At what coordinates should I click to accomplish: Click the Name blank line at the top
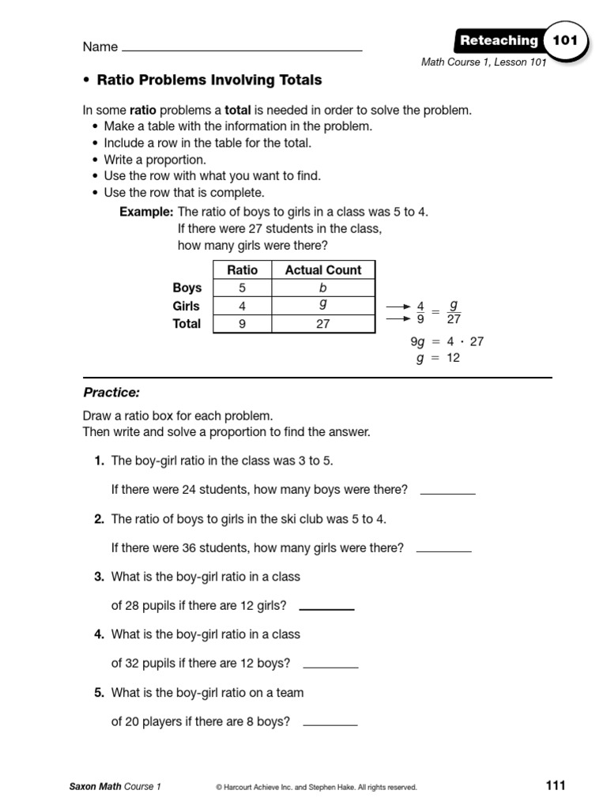pyautogui.click(x=242, y=50)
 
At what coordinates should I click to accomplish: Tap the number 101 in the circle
pyautogui.click(x=565, y=40)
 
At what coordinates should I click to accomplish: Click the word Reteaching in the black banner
pyautogui.click(x=499, y=41)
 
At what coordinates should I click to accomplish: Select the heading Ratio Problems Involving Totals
pyautogui.click(x=209, y=80)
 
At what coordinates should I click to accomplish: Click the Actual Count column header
pyautogui.click(x=322, y=269)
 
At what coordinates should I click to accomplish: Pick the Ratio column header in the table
pyautogui.click(x=242, y=269)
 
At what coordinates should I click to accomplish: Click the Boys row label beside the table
pyautogui.click(x=187, y=288)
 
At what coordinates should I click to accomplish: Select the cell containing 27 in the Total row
pyautogui.click(x=322, y=324)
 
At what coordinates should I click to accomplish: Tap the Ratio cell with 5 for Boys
pyautogui.click(x=242, y=288)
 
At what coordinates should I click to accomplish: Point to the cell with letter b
pyautogui.click(x=322, y=288)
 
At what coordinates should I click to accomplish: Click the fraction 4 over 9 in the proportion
pyautogui.click(x=420, y=312)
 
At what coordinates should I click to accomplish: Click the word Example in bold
pyautogui.click(x=146, y=212)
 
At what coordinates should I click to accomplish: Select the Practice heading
pyautogui.click(x=111, y=393)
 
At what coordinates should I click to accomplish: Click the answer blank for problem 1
pyautogui.click(x=447, y=492)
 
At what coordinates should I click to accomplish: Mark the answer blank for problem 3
pyautogui.click(x=326, y=608)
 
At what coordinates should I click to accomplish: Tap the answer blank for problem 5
pyautogui.click(x=330, y=724)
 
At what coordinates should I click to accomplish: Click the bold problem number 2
pyautogui.click(x=100, y=519)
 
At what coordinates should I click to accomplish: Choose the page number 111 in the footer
pyautogui.click(x=556, y=785)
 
